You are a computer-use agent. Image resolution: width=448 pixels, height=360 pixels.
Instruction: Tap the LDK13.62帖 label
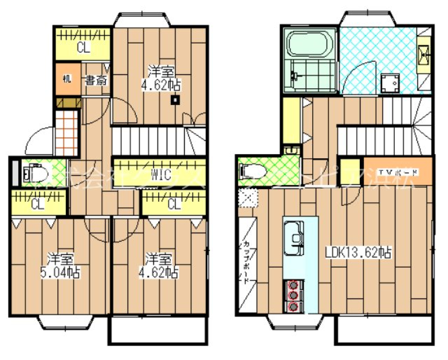[358, 253]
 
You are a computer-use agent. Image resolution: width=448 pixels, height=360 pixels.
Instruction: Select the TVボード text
[399, 173]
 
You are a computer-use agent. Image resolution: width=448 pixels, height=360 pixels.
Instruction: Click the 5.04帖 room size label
[62, 272]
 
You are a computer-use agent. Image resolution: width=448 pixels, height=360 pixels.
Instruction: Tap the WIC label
[160, 176]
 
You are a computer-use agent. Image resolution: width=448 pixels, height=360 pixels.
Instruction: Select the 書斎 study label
[97, 80]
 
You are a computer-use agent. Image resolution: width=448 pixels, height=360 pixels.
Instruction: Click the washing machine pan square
[390, 84]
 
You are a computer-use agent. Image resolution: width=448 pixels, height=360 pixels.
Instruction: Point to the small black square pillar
[175, 99]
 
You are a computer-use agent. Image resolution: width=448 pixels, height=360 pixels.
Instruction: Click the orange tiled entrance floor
[66, 132]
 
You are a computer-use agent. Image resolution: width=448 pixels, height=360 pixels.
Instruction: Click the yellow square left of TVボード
[350, 172]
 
